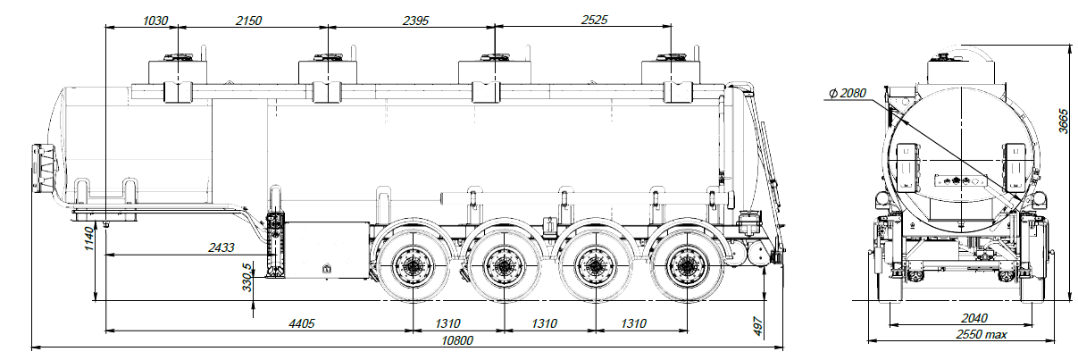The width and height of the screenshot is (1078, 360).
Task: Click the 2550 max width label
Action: [x=975, y=335]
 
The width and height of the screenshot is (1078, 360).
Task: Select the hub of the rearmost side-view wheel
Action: [x=686, y=266]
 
